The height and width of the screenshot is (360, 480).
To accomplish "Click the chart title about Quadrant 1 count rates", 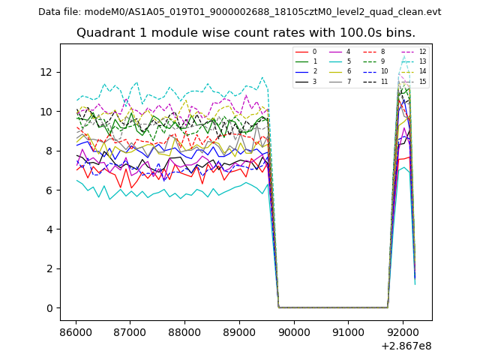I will pyautogui.click(x=245, y=33).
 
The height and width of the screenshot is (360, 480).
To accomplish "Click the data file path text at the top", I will pyautogui.click(x=239, y=11).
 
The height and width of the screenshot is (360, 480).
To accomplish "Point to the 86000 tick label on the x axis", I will pyautogui.click(x=75, y=331).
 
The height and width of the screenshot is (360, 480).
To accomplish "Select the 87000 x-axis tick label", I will pyautogui.click(x=130, y=331).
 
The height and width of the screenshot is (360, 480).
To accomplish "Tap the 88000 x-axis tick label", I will pyautogui.click(x=184, y=331).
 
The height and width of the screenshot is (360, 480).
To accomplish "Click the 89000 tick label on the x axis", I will pyautogui.click(x=238, y=331).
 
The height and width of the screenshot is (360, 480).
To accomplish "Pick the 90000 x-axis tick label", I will pyautogui.click(x=293, y=331).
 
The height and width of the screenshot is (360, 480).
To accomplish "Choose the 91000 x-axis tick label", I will pyautogui.click(x=348, y=331).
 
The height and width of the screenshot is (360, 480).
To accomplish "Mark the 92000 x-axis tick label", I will pyautogui.click(x=402, y=331).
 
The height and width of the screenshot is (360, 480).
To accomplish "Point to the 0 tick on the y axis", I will pyautogui.click(x=50, y=308).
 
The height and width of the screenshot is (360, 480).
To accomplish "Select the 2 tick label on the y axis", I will pyautogui.click(x=50, y=268).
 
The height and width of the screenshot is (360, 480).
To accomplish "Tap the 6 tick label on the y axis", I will pyautogui.click(x=50, y=190).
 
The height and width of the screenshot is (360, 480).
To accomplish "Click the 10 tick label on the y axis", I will pyautogui.click(x=47, y=112).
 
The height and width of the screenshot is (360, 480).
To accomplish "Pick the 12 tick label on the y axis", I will pyautogui.click(x=47, y=72).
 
